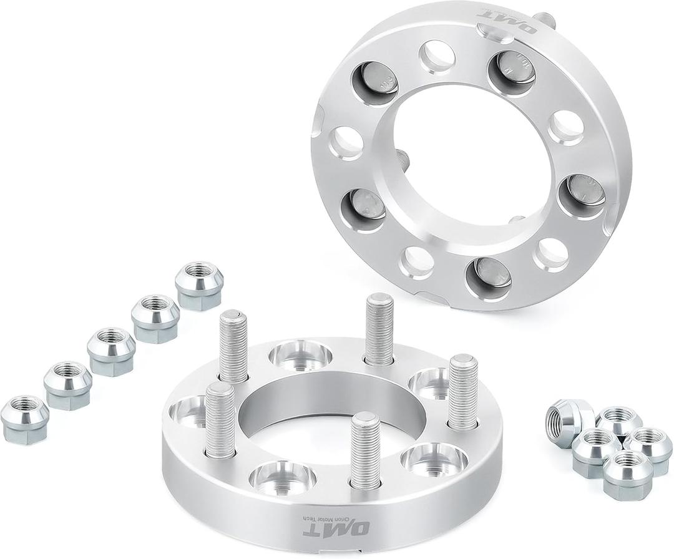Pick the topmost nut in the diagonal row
click(198, 286)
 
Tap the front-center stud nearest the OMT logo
click(365, 450)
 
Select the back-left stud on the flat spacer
click(233, 346)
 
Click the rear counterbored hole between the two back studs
click(301, 354)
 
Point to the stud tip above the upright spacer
click(544, 19)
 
